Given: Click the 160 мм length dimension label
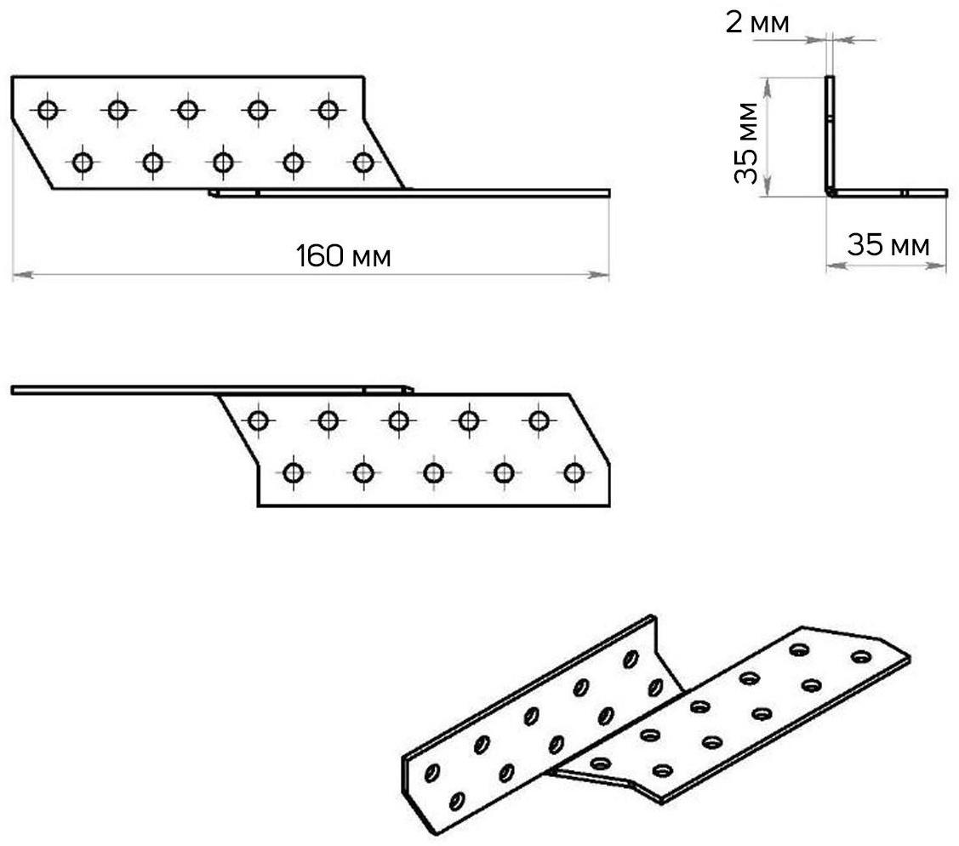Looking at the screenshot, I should click(x=343, y=255).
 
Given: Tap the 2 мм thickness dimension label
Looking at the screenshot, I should click(x=756, y=23).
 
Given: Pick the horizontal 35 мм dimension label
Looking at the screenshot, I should click(x=888, y=246).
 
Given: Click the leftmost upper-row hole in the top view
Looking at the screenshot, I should click(x=48, y=109).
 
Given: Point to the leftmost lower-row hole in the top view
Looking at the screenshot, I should click(x=83, y=161).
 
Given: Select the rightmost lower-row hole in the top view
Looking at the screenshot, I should click(x=363, y=161).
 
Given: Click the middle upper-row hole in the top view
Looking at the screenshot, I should click(x=188, y=109).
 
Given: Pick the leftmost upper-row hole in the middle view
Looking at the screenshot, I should click(x=258, y=420).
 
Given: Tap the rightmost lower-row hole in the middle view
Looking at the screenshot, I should click(x=574, y=472).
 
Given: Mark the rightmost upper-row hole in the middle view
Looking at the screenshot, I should click(x=539, y=420).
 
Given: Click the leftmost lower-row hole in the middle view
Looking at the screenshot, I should click(x=294, y=472).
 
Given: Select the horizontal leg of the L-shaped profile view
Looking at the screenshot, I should click(x=889, y=193).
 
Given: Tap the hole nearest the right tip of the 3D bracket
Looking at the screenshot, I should click(x=860, y=657).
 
